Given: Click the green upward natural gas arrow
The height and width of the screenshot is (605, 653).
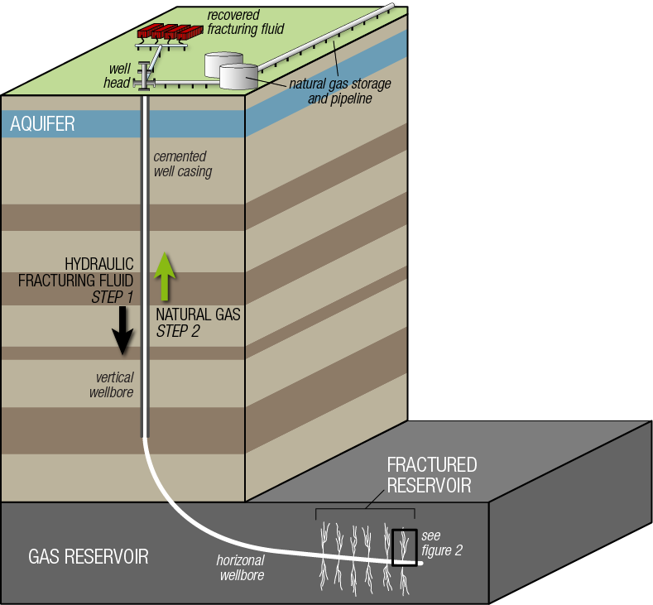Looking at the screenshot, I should point(166,276).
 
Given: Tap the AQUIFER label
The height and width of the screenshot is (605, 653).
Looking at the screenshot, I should point(42,124).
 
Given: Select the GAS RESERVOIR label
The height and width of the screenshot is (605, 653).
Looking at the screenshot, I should point(89,556).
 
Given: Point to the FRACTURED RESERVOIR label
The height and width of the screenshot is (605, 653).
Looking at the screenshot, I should point(431,475).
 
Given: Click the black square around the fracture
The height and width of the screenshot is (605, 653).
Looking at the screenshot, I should point(405,547).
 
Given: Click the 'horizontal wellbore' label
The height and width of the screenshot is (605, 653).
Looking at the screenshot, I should point(241,568).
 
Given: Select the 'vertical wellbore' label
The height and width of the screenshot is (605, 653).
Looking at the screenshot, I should point(111,385).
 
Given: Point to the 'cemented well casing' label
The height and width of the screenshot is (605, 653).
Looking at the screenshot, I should point(182,164).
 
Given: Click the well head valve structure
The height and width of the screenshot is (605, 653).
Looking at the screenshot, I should point(145,78).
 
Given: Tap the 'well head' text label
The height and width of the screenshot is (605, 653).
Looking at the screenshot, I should point(117,77).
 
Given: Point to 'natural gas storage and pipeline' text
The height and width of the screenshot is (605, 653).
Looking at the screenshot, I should point(339,91).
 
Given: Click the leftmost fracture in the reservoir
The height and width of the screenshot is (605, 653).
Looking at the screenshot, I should point(327,546).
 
